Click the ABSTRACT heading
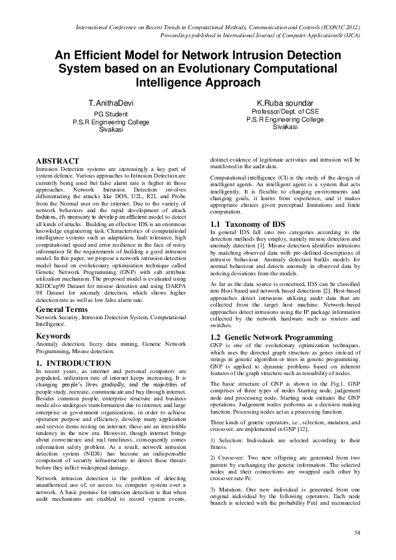point(57,162)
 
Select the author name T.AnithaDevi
point(112,105)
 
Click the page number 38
point(357,532)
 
